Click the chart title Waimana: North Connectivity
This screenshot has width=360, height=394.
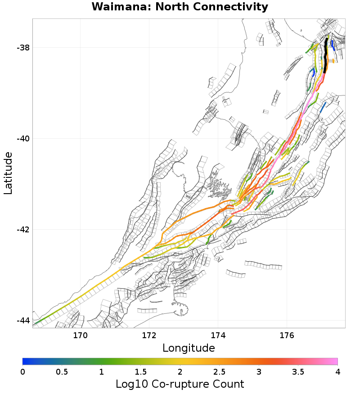point(180,7)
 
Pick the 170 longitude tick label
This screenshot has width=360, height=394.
point(80,335)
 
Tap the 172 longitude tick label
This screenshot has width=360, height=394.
point(149,335)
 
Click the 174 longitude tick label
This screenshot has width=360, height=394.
point(218,335)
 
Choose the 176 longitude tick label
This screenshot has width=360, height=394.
point(287,335)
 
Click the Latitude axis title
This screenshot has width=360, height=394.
point(8,173)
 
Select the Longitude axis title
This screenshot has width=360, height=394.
point(189,348)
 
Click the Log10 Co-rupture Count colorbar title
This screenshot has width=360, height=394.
point(180,384)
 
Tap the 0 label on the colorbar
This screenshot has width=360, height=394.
point(23,371)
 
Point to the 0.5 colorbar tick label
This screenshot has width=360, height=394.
point(62,371)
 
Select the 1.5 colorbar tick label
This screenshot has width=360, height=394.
point(141,371)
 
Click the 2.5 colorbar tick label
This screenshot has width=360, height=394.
point(220,371)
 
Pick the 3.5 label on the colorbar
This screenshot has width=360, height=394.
point(298,371)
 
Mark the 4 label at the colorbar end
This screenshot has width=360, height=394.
point(337,371)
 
